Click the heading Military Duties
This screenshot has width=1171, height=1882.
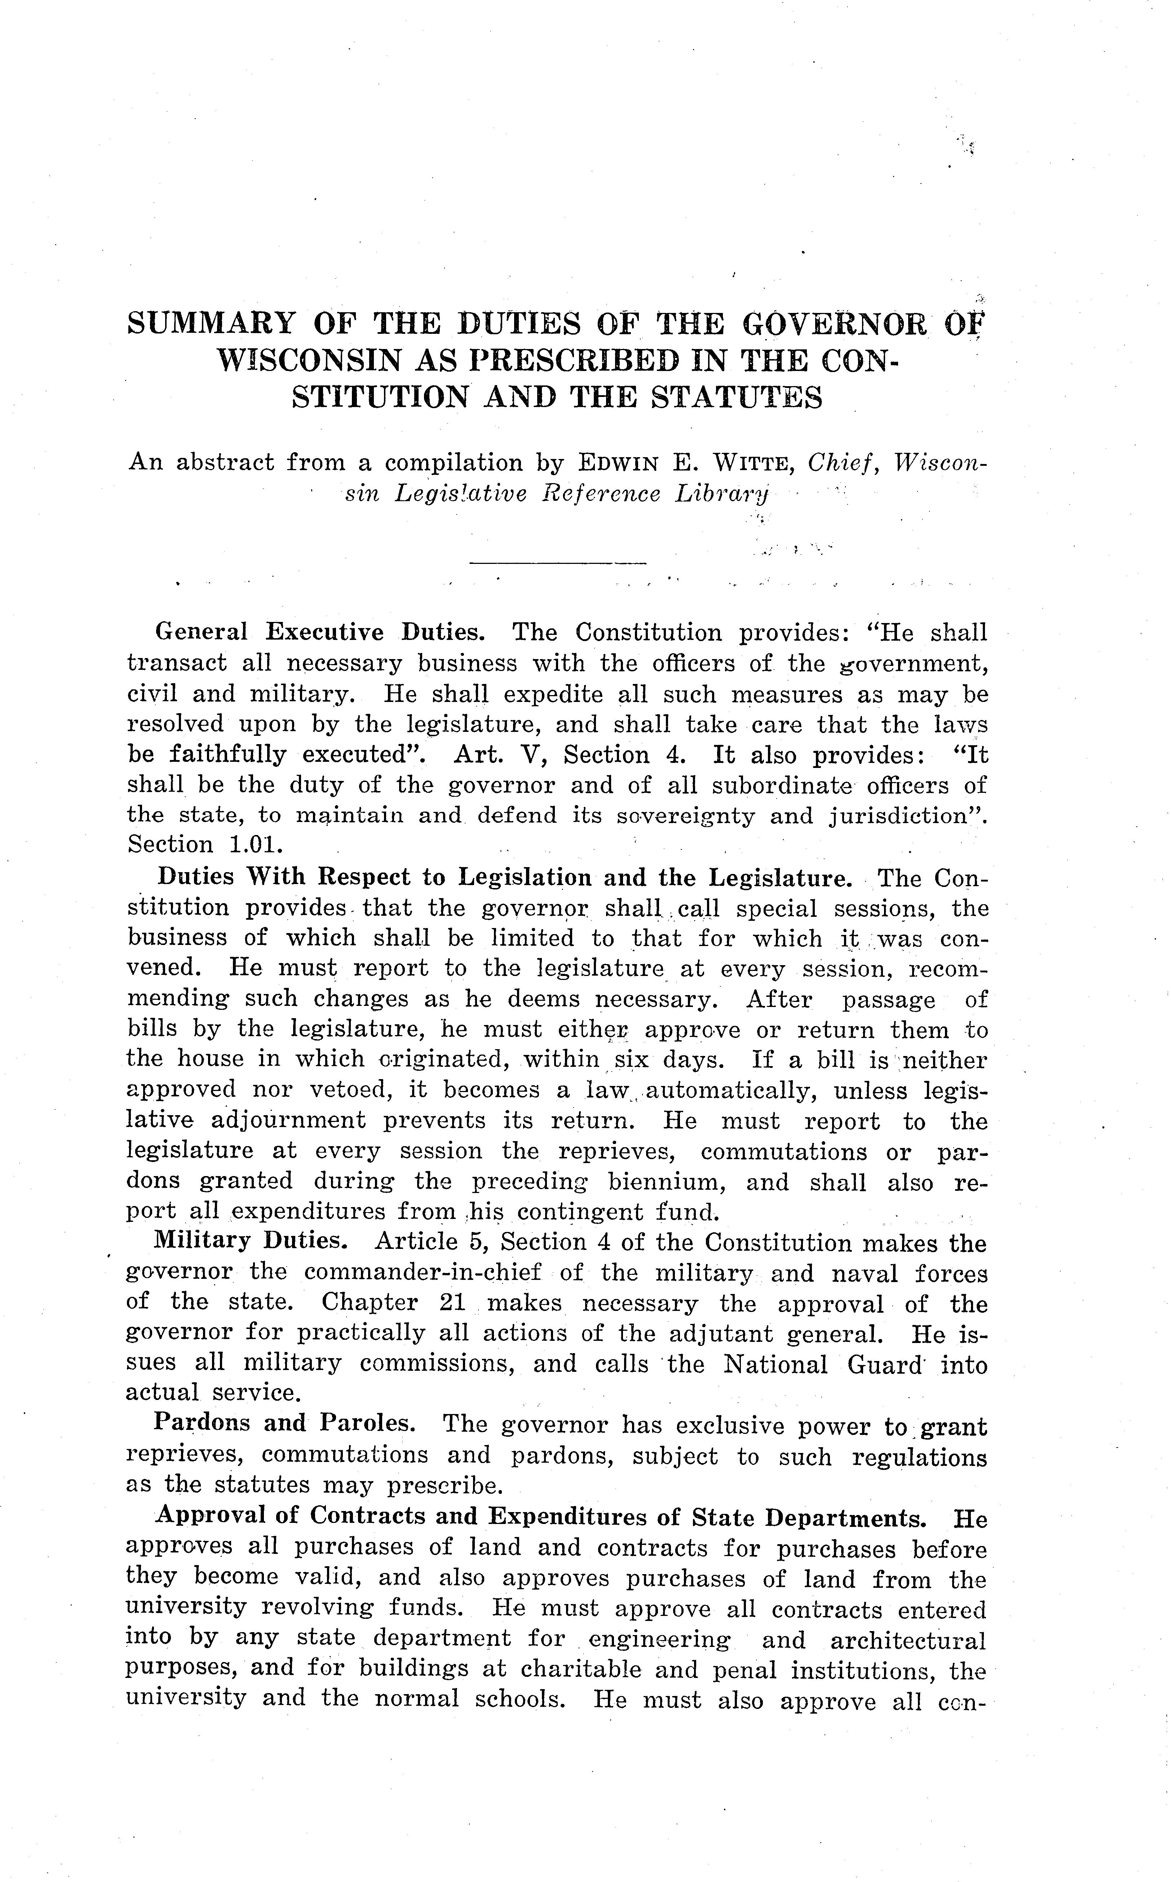coord(250,1241)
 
